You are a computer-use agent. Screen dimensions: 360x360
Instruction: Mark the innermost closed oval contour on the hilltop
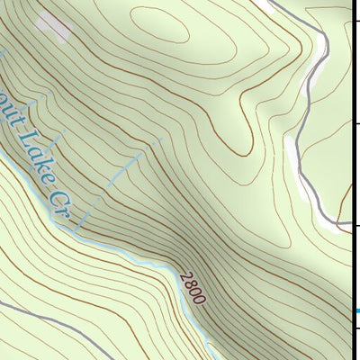160,28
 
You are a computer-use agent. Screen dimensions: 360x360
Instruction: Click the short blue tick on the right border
355,311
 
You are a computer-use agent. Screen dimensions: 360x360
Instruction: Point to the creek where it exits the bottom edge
209,355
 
